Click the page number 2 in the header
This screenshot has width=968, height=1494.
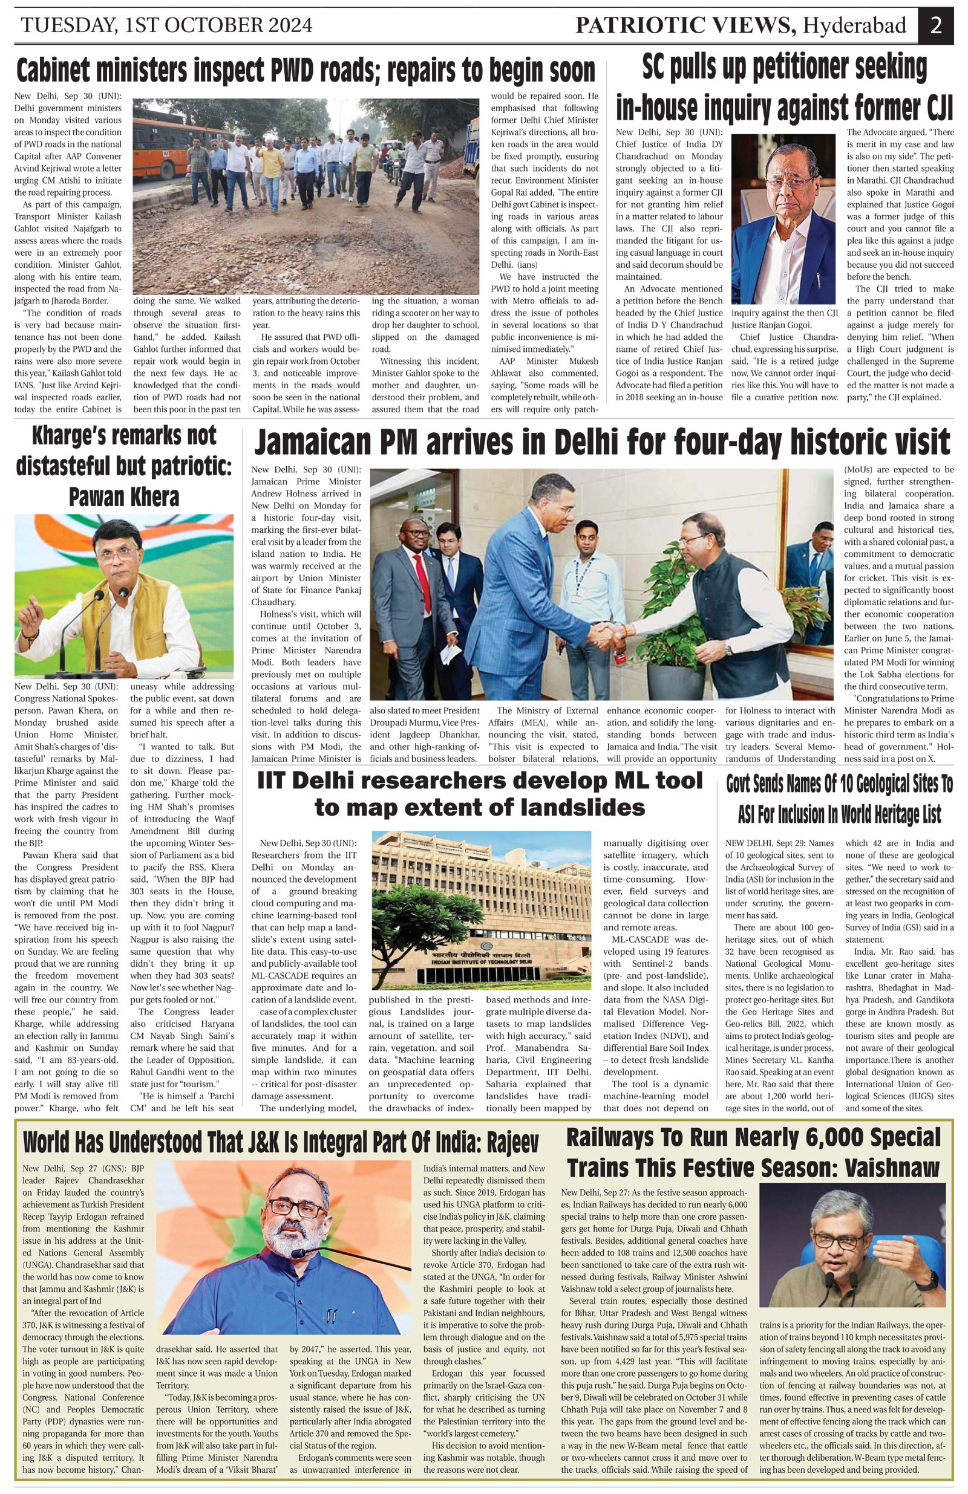(935, 26)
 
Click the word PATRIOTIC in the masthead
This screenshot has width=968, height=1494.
(636, 26)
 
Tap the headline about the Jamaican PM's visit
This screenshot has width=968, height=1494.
(601, 441)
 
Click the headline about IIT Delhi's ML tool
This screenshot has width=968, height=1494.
(479, 794)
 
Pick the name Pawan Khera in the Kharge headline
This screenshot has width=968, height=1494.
(124, 497)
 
